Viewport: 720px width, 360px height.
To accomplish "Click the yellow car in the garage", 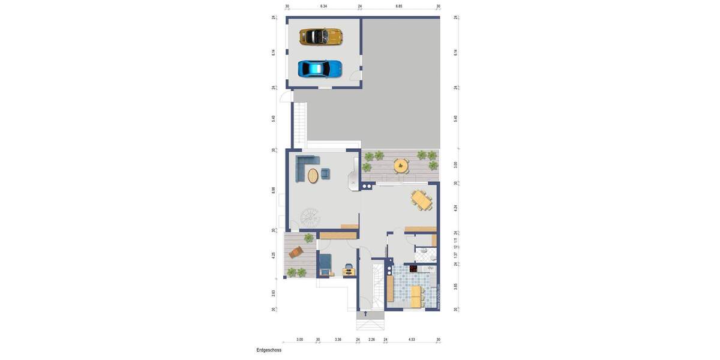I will click(320, 37).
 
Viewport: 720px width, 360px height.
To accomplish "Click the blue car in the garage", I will click(320, 69).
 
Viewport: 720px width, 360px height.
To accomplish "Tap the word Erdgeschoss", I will click(269, 350).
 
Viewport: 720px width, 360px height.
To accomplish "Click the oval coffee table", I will click(313, 176).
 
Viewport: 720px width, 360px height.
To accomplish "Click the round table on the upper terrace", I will click(401, 165).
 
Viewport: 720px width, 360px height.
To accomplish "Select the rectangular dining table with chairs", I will click(422, 200).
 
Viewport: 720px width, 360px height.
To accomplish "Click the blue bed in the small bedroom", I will click(325, 264).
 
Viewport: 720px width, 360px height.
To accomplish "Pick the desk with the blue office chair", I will click(349, 271).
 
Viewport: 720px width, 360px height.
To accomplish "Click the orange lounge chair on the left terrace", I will click(296, 253).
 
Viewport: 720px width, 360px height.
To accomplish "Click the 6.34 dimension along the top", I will click(323, 6).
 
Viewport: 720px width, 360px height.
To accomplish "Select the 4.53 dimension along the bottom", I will click(412, 340).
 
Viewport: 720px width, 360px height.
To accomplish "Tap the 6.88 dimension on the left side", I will click(274, 190).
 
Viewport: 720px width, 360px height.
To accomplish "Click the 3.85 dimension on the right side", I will click(456, 286).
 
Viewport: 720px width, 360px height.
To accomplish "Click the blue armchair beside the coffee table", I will click(326, 173).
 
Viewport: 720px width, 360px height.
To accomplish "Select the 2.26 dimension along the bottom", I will click(371, 340).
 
